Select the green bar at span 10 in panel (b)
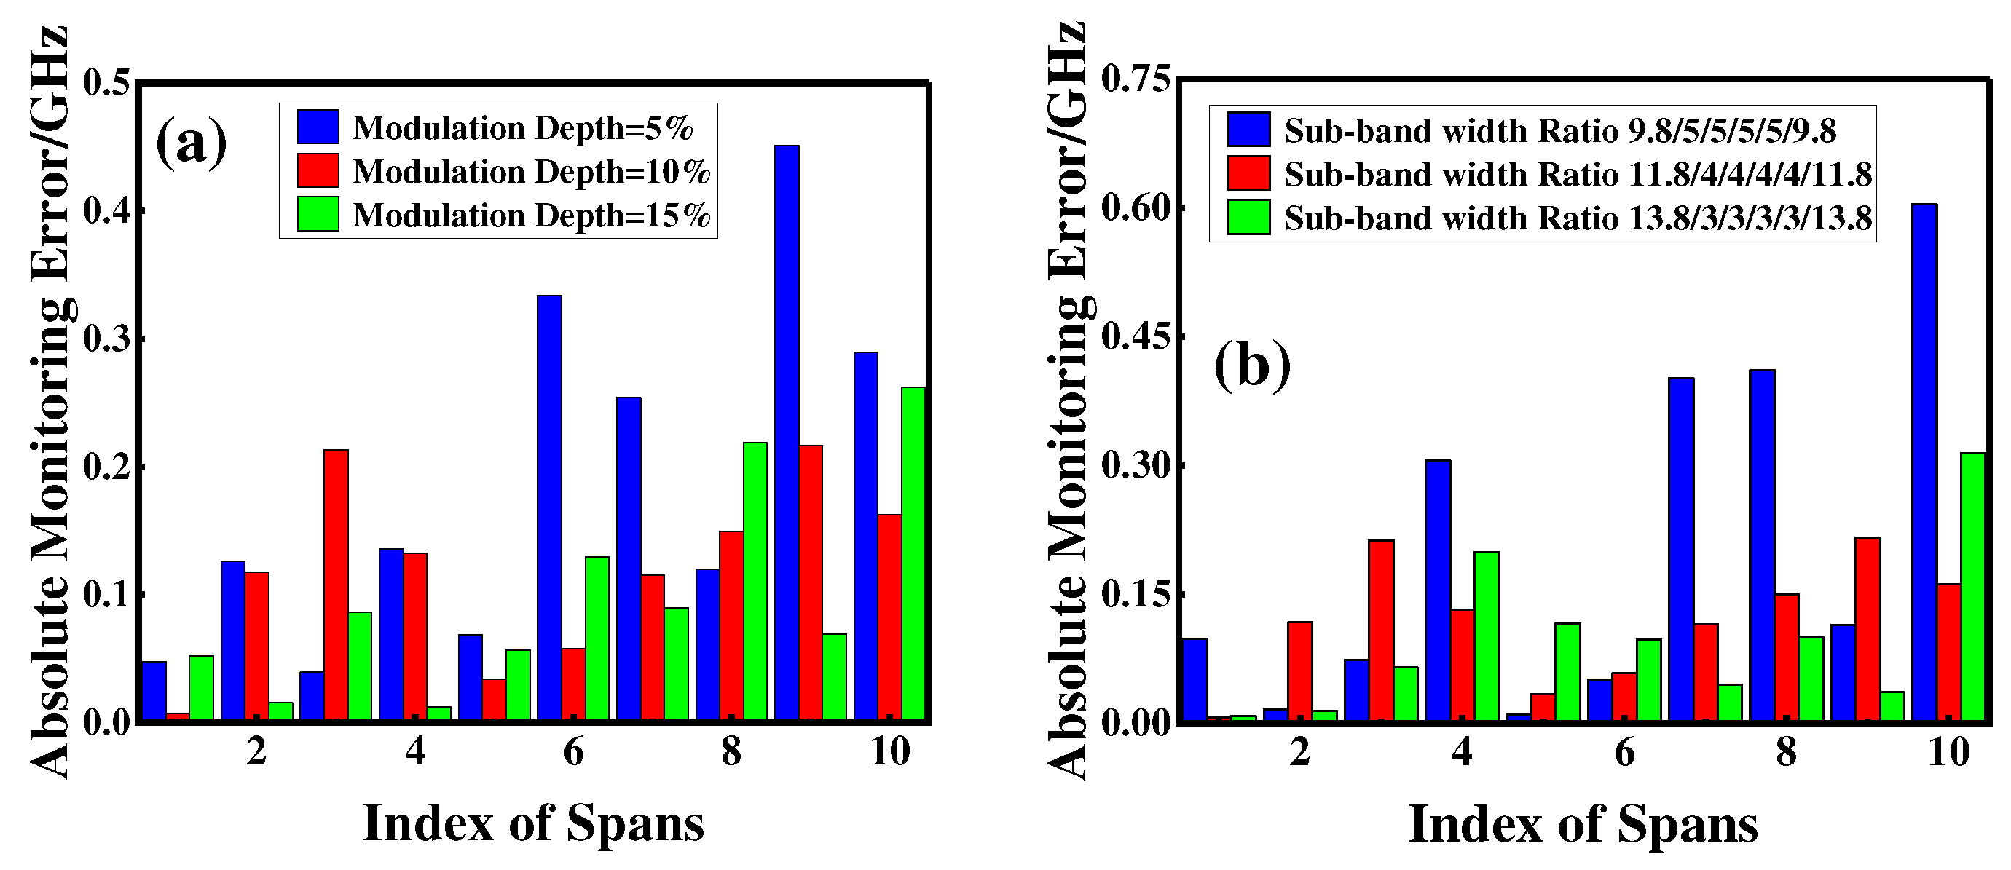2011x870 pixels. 1972,586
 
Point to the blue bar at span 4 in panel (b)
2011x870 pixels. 1438,590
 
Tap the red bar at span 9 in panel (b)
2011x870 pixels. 1868,629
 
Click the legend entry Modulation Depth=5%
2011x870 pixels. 522,128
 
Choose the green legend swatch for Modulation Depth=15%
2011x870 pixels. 318,215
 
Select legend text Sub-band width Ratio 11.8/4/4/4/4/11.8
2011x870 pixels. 1578,174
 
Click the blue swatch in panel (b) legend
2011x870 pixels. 1248,130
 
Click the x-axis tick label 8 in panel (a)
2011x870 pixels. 731,751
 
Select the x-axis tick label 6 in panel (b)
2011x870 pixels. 1624,751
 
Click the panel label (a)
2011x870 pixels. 192,143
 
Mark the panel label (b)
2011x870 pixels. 1252,367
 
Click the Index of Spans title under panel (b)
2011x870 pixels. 1583,825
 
